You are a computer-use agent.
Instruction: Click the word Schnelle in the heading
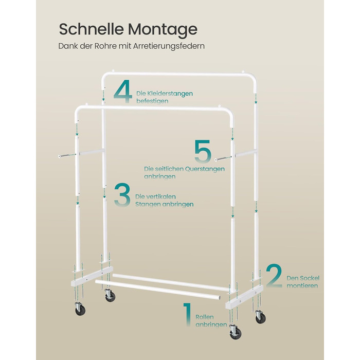[92, 29]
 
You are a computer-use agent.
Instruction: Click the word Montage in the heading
[163, 30]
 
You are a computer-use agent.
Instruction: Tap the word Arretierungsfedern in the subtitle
[169, 46]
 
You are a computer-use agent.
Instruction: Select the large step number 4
[123, 92]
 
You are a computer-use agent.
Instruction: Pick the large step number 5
[203, 151]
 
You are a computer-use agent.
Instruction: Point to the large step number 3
[122, 194]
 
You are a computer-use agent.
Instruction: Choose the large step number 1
[188, 314]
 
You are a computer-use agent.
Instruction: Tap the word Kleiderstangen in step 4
[165, 94]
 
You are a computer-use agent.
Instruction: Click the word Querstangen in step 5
[205, 169]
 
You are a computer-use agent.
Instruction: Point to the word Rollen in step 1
[205, 317]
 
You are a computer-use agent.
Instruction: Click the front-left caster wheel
[80, 309]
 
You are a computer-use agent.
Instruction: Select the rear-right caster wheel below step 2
[261, 317]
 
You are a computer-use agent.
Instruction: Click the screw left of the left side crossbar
[66, 155]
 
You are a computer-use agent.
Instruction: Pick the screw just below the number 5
[224, 158]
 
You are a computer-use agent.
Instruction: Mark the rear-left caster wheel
[110, 295]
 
